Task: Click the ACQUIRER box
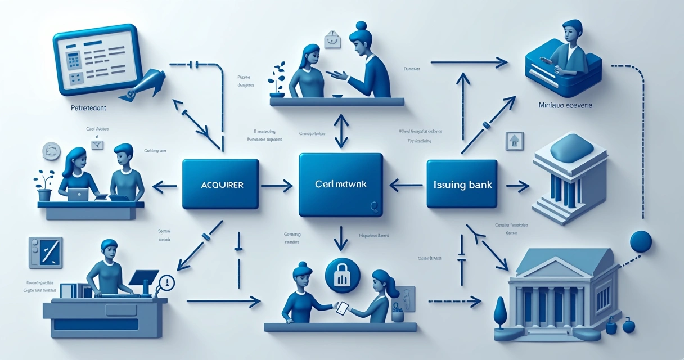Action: tap(220, 184)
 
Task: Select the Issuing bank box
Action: tap(462, 184)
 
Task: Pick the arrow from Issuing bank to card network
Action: tap(406, 183)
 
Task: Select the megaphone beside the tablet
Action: tap(145, 83)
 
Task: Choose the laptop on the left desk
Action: tap(78, 194)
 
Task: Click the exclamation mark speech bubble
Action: tap(167, 282)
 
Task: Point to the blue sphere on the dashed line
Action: tap(641, 241)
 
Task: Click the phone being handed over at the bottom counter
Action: tap(341, 307)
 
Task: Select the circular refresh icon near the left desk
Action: tap(51, 151)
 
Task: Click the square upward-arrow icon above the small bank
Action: tap(515, 141)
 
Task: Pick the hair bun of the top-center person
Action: tap(361, 26)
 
